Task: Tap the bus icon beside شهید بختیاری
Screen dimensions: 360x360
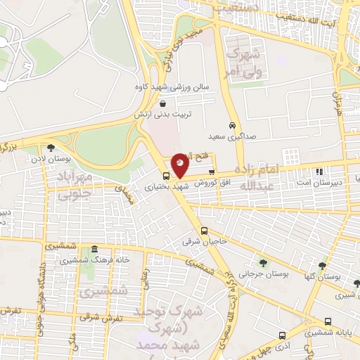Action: pyautogui.click(x=166, y=176)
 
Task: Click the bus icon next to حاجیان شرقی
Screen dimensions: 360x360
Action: pyautogui.click(x=204, y=231)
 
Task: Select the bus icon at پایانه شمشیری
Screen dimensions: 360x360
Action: pyautogui.click(x=281, y=335)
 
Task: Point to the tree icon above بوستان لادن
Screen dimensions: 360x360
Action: pyautogui.click(x=51, y=148)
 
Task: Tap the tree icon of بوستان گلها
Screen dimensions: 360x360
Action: pyautogui.click(x=322, y=266)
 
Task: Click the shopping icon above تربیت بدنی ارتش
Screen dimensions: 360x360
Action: pyautogui.click(x=162, y=103)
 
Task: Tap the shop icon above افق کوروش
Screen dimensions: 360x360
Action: pyautogui.click(x=212, y=171)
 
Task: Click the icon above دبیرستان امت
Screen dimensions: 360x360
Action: pyautogui.click(x=319, y=171)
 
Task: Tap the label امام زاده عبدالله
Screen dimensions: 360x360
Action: pyautogui.click(x=259, y=176)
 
